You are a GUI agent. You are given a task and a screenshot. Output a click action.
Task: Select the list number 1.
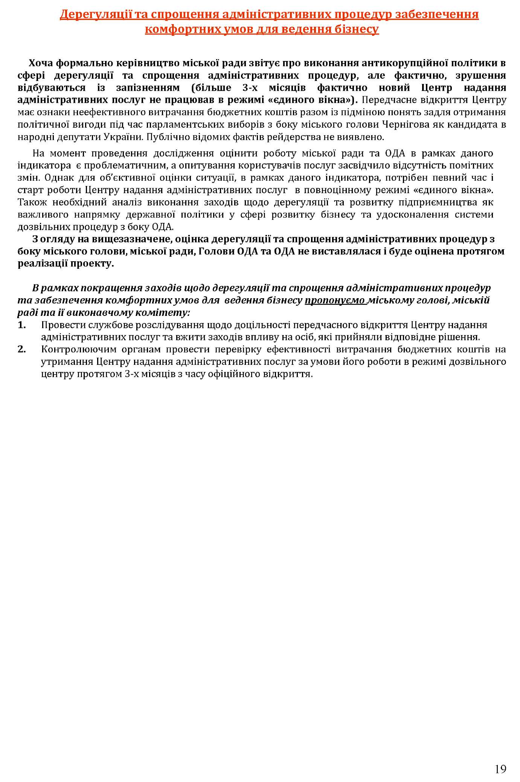21,325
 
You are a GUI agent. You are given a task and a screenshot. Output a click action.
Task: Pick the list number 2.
21,349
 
